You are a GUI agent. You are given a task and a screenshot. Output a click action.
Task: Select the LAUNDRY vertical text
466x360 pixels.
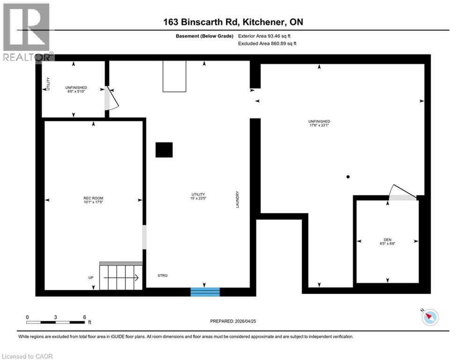[x=238, y=199]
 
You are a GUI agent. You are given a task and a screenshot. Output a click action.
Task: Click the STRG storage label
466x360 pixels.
[x=162, y=276]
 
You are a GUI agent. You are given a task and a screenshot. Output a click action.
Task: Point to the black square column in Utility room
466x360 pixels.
[x=164, y=150]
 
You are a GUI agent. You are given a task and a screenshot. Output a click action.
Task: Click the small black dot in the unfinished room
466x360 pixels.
[x=348, y=177]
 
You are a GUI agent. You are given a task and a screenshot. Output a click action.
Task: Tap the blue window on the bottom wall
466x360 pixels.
[x=205, y=292]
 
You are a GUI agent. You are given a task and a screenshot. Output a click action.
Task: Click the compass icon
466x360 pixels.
[x=430, y=317]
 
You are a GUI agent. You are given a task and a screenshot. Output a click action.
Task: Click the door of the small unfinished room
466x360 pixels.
[x=111, y=98]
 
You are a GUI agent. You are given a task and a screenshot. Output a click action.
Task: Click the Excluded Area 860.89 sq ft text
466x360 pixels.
[x=267, y=43]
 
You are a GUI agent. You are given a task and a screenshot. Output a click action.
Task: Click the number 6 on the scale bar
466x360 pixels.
[x=84, y=317]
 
